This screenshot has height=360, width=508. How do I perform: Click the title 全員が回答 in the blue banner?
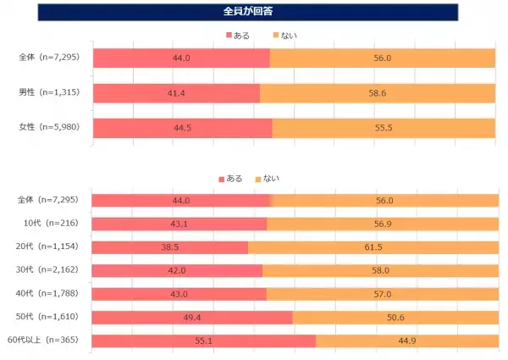(253, 12)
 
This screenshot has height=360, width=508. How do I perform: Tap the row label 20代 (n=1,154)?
(49, 247)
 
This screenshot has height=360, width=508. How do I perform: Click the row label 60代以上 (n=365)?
(47, 341)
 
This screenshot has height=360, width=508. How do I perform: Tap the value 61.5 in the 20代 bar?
(373, 247)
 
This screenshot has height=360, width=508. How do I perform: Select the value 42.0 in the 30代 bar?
(177, 271)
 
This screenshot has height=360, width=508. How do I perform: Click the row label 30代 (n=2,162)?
(49, 271)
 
